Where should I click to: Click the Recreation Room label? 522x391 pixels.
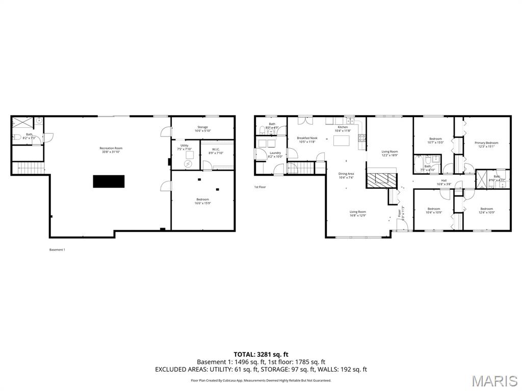click(x=111, y=148)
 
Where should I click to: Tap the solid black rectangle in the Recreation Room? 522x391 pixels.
click(x=109, y=181)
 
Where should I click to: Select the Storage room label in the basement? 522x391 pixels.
click(x=202, y=127)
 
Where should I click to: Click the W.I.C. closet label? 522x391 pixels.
click(x=216, y=149)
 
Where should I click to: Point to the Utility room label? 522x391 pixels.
click(x=182, y=146)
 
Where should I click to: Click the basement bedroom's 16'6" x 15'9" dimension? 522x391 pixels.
click(x=202, y=204)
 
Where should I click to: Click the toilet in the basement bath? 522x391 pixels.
click(x=17, y=136)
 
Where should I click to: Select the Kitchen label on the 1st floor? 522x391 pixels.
click(x=343, y=127)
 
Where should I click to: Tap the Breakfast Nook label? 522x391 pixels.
click(x=307, y=138)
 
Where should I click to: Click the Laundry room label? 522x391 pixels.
click(x=275, y=153)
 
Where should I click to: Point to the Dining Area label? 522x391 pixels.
click(x=346, y=174)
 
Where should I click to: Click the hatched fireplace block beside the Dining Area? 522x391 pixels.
click(x=382, y=179)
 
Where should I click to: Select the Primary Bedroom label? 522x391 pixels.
click(x=486, y=143)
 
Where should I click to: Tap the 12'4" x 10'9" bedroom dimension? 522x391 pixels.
click(x=486, y=212)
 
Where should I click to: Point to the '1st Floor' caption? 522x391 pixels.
click(x=260, y=187)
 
